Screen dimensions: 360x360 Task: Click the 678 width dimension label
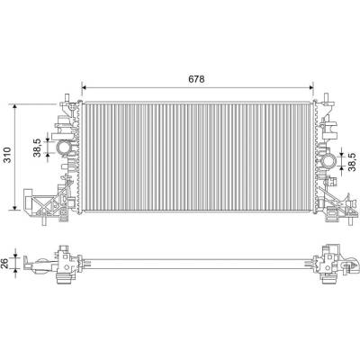click(x=196, y=79)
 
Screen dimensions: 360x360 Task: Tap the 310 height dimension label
click(x=7, y=155)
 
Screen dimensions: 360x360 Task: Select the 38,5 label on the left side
click(x=37, y=148)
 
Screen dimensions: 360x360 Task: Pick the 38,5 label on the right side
click(x=352, y=161)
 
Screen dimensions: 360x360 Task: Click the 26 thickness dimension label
click(x=5, y=264)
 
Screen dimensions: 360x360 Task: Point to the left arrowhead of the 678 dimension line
click(x=84, y=87)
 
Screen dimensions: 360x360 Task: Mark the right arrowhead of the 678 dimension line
click(x=311, y=87)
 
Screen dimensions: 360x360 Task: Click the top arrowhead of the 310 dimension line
click(x=14, y=106)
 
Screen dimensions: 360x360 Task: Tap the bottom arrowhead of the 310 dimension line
click(x=14, y=208)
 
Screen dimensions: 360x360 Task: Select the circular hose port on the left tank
click(x=64, y=148)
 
